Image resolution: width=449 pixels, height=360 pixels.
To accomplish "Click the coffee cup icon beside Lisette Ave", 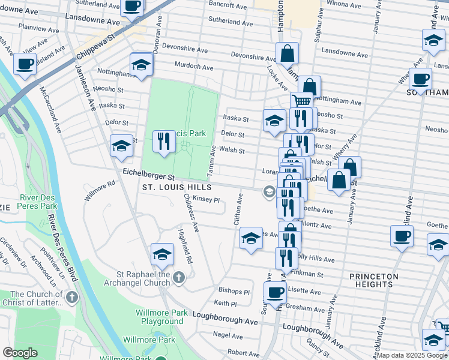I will click(x=276, y=293).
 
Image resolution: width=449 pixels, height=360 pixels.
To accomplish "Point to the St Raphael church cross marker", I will click(x=179, y=277).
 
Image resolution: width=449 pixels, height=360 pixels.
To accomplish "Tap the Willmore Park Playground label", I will click(x=154, y=317).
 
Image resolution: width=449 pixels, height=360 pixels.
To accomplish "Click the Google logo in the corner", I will click(x=20, y=353).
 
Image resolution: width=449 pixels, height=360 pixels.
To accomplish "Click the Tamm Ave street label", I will click(x=212, y=161).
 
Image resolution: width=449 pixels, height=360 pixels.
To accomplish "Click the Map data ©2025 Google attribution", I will click(x=411, y=355).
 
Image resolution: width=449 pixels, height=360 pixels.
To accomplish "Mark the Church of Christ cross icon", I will click(x=71, y=297).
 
